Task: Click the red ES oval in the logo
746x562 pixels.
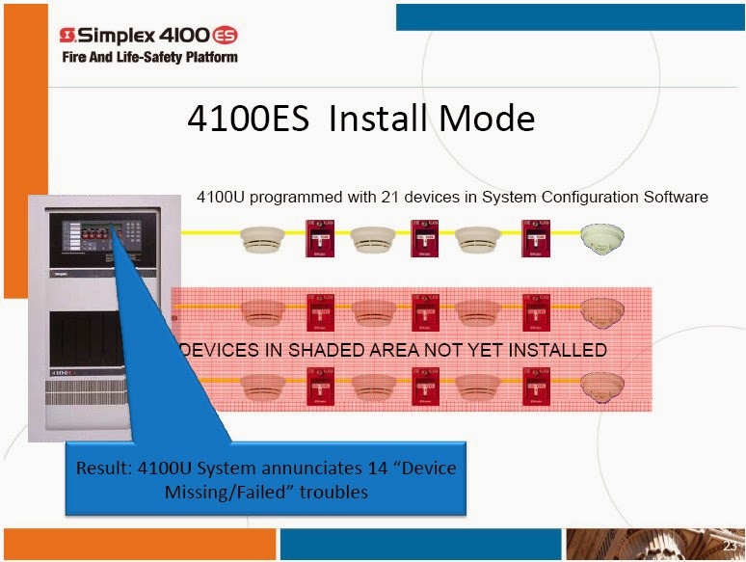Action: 224,36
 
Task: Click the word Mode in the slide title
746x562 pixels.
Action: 487,118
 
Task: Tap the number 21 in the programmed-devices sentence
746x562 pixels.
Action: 390,197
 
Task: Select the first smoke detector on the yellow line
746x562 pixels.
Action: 262,239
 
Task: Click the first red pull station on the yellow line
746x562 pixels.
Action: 320,238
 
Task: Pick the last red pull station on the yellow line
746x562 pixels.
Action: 536,238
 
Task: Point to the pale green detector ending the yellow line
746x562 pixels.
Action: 602,238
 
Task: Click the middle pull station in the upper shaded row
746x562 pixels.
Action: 425,312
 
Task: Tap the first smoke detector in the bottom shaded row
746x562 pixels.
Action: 263,387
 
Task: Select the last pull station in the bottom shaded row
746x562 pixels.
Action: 537,387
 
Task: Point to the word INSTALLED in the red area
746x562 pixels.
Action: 558,350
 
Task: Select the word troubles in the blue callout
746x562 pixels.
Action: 333,492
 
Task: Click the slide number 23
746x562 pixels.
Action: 730,546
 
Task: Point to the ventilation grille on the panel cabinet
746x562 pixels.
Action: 87,391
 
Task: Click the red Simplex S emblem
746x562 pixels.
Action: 67,35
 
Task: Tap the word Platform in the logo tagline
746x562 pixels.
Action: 212,57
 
